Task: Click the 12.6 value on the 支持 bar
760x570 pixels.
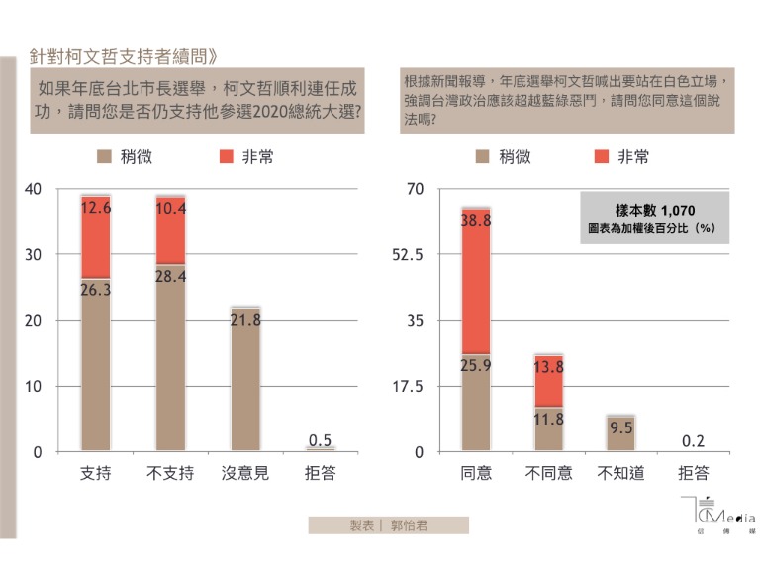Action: pos(96,208)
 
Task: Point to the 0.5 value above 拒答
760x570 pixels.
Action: pos(320,440)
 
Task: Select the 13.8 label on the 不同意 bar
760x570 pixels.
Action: pos(549,367)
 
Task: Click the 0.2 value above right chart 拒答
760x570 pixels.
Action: pos(694,441)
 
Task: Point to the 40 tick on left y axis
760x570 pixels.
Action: pos(34,189)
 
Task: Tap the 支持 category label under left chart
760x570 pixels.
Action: pos(95,473)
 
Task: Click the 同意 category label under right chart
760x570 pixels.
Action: pos(477,473)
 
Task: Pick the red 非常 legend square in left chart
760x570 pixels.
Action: pos(225,156)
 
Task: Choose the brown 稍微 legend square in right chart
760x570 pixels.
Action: pos(482,156)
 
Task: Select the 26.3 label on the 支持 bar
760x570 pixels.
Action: pos(96,290)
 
